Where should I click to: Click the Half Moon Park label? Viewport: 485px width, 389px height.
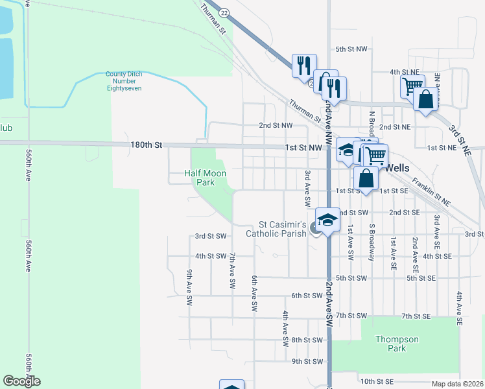199,178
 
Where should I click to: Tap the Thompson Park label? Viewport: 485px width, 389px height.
398,344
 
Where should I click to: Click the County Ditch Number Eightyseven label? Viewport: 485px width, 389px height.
124,81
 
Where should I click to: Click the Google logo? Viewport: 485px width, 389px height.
21,381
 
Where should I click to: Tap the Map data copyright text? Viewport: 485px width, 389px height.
457,384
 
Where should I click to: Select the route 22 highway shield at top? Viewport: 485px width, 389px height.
224,12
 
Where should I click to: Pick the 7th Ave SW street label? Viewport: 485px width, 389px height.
232,271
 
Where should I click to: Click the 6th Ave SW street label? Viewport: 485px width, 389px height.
254,292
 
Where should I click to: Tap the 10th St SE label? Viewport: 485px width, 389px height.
377,382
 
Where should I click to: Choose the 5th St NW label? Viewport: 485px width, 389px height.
351,49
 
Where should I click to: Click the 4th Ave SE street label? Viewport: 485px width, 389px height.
459,308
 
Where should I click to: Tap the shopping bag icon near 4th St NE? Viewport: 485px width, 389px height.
425,100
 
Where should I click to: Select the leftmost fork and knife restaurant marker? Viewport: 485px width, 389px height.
303,65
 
